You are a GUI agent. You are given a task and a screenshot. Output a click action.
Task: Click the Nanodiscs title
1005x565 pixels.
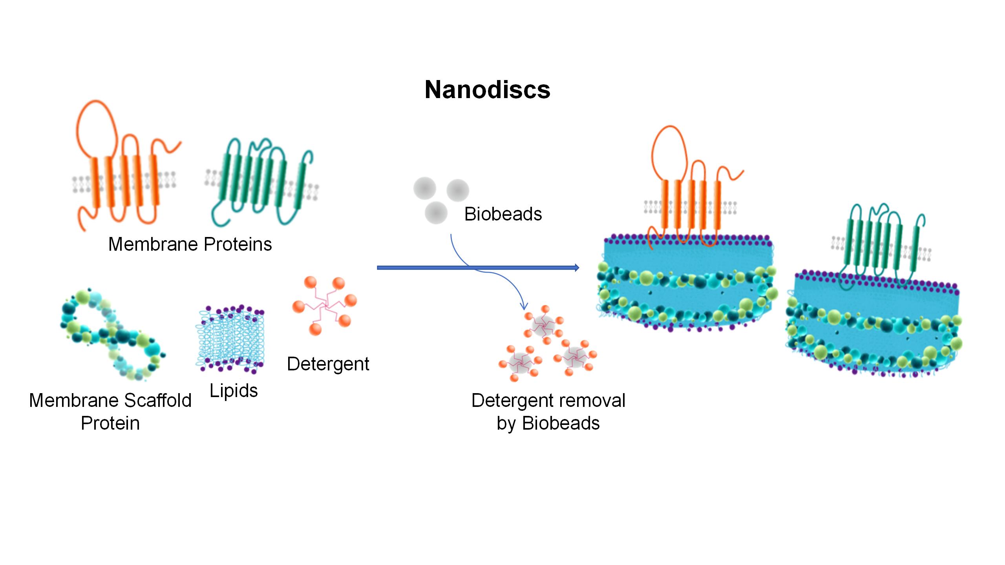tap(487, 90)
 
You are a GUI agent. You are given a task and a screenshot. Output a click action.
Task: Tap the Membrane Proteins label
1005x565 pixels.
tap(190, 244)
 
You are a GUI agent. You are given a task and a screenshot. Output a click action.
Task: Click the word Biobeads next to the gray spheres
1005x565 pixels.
tap(503, 214)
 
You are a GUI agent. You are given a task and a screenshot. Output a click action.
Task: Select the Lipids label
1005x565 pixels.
tap(234, 391)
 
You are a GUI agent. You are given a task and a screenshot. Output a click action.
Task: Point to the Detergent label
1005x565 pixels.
tap(328, 364)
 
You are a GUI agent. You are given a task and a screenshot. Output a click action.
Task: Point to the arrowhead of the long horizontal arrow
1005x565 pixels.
tap(577, 268)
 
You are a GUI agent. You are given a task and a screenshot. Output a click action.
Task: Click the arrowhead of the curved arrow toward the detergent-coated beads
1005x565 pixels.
tap(523, 306)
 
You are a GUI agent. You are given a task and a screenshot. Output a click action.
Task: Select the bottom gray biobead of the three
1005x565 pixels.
tap(436, 213)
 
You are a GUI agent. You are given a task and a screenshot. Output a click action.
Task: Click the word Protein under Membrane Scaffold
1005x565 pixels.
tap(110, 423)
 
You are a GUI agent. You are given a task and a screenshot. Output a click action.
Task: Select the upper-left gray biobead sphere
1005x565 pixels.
tap(425, 188)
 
